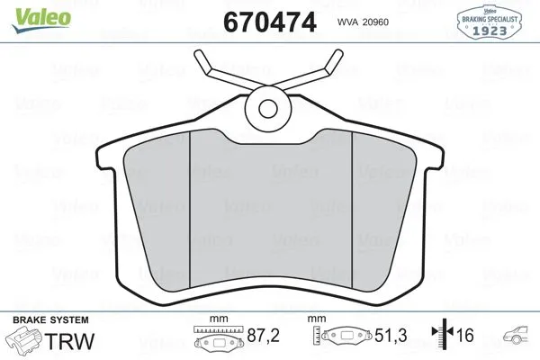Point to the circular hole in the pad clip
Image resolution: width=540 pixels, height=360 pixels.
[x=268, y=108]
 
